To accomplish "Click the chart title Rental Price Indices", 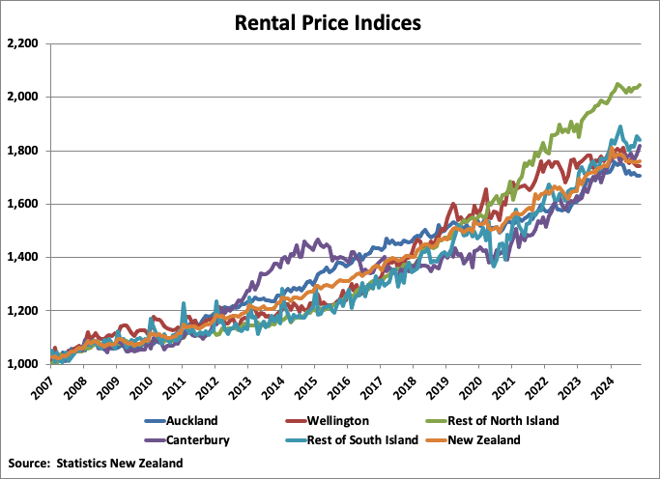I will point(330,21).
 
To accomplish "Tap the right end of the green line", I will point(640,86).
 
